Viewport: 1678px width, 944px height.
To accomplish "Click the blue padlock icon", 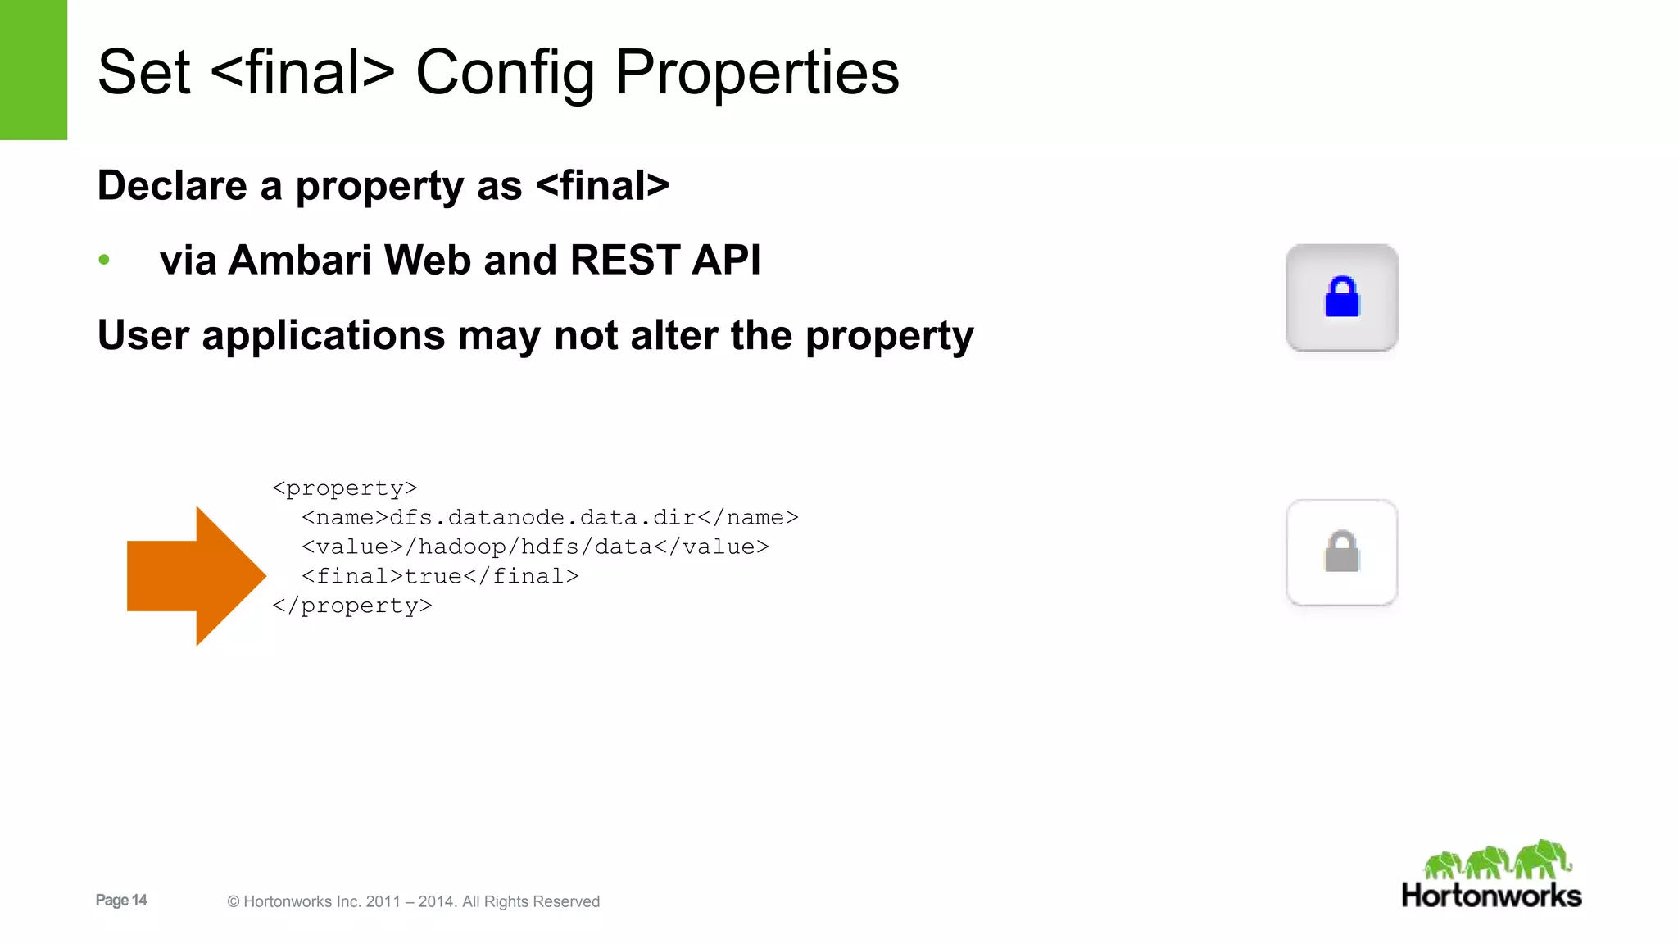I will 1341,297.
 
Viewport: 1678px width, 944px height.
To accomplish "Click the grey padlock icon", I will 1341,551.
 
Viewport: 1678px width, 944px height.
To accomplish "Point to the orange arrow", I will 197,575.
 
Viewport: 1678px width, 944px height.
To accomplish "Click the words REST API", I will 665,261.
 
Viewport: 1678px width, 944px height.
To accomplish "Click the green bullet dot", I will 104,261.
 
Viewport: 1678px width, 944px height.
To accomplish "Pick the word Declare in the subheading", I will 172,185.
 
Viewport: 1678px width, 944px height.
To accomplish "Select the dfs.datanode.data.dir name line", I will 549,518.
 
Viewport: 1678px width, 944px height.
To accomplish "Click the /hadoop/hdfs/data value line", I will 535,547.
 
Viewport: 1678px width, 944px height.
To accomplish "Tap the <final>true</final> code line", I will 440,577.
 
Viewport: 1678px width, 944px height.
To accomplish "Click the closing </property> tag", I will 352,606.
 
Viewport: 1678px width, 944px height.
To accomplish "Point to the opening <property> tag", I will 345,488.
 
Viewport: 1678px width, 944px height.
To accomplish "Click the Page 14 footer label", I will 121,900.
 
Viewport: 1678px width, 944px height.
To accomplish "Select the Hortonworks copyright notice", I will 414,901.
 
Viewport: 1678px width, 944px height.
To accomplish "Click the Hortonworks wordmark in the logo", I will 1491,896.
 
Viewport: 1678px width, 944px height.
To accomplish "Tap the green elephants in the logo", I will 1496,860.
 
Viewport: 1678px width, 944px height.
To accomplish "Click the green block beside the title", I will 34,70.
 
